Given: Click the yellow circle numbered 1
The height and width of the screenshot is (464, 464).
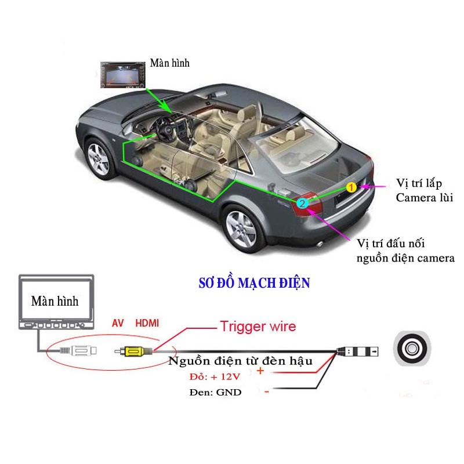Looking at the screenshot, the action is click(x=351, y=187).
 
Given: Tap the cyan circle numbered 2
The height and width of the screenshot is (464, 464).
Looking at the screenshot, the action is click(x=302, y=203).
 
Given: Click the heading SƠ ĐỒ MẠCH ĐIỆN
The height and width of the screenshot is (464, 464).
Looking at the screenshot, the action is click(x=254, y=283).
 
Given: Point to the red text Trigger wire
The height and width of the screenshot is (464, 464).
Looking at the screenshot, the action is click(x=258, y=327).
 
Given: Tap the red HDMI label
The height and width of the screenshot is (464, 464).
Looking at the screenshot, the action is click(x=147, y=322).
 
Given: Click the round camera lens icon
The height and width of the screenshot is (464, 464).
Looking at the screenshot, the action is click(x=411, y=349).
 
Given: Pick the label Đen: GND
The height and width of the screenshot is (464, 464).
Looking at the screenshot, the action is click(x=215, y=392).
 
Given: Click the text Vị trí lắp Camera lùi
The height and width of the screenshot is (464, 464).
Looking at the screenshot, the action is click(x=423, y=190).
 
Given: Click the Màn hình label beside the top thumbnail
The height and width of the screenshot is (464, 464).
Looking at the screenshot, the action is click(x=169, y=63).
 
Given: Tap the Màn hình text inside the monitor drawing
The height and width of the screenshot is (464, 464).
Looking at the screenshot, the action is click(x=55, y=301).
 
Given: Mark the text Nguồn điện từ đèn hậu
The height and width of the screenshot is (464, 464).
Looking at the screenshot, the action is click(x=241, y=361).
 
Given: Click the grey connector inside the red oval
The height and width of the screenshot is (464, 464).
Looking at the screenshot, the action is click(x=81, y=351).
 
